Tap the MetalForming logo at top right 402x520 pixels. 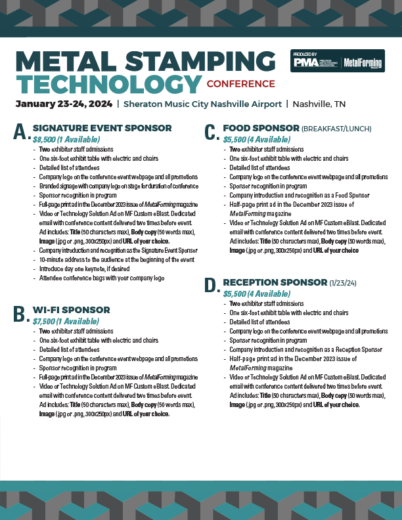(x=363, y=62)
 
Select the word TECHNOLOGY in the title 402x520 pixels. (x=108, y=84)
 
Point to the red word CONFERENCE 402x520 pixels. (x=240, y=84)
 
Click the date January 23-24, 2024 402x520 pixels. (x=63, y=104)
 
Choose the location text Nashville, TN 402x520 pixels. (x=319, y=104)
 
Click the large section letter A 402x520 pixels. (x=21, y=133)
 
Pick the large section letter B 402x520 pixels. (x=21, y=315)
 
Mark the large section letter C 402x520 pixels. (x=211, y=133)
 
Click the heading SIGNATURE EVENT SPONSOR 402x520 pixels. (x=102, y=128)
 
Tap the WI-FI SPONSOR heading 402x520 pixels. (x=71, y=310)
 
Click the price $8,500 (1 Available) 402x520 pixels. (x=66, y=139)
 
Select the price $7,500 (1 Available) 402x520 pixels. (x=66, y=321)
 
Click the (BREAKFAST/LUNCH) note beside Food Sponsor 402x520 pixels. (x=336, y=129)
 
